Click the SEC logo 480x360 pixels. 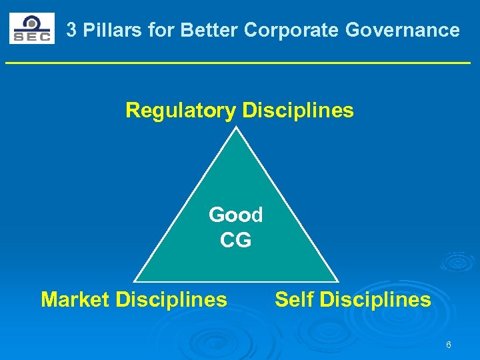pos(31,29)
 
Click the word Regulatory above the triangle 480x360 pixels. pos(181,110)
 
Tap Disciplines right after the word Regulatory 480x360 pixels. pos(298,110)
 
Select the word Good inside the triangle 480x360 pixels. pos(236,215)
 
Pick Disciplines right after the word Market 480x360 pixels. pos(171,299)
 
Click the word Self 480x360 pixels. pos(295,299)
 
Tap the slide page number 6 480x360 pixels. pos(449,345)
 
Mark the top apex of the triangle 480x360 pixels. pos(237,127)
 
